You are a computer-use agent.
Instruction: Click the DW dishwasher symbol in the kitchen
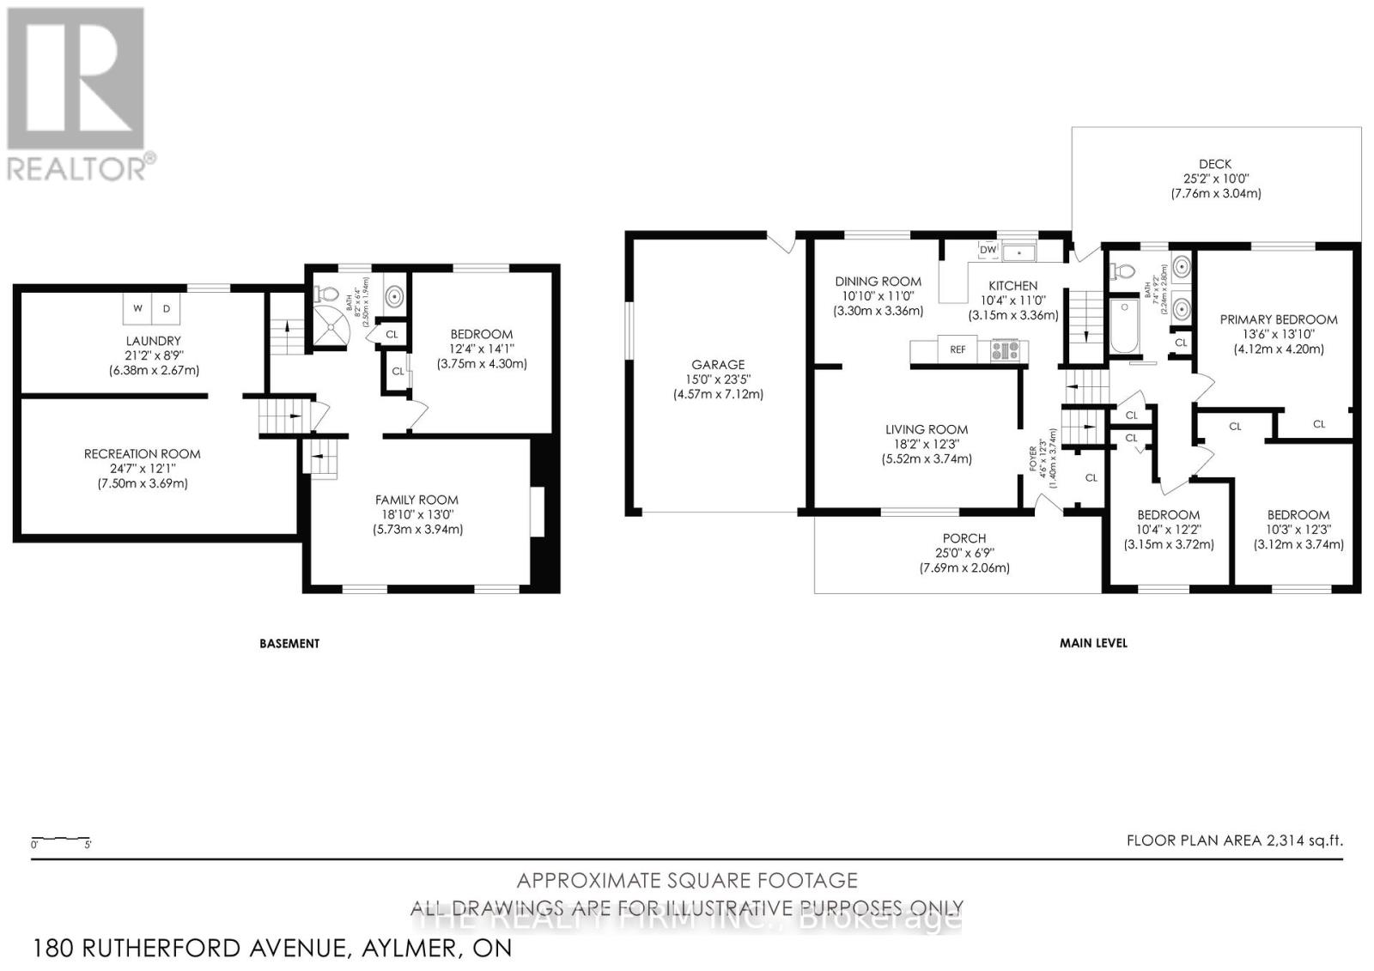tap(988, 250)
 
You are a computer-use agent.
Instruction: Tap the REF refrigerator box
tap(958, 349)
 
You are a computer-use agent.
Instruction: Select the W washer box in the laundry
tap(137, 308)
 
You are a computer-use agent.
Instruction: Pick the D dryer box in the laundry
tap(167, 308)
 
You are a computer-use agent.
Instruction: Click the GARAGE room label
tap(718, 365)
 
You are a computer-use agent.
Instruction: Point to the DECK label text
tap(1215, 164)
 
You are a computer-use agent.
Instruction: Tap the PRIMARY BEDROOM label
tap(1279, 319)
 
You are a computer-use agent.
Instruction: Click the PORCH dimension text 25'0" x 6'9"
tap(964, 553)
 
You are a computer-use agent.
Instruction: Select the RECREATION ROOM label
tap(143, 453)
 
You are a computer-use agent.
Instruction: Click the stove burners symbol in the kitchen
tap(1005, 349)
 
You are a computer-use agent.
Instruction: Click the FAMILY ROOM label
tap(416, 500)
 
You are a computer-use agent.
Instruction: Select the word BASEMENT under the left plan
tap(289, 643)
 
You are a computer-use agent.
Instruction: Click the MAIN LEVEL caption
tap(1093, 643)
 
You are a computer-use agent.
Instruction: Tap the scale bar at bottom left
tap(61, 838)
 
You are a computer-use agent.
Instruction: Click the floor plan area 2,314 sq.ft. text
tap(1234, 841)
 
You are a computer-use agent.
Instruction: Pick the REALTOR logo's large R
tap(75, 78)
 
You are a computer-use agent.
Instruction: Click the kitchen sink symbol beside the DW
tap(1020, 252)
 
